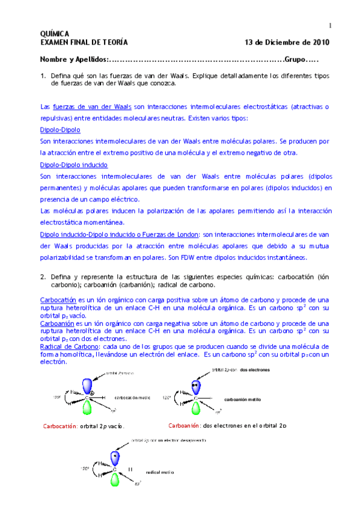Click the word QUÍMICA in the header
pyautogui.click(x=54, y=34)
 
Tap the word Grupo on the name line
pyautogui.click(x=295, y=60)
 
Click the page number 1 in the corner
pyautogui.click(x=330, y=25)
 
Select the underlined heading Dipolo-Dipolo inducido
pyautogui.click(x=71, y=164)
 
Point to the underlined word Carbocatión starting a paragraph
pyautogui.click(x=57, y=300)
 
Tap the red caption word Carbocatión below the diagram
pyautogui.click(x=59, y=426)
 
